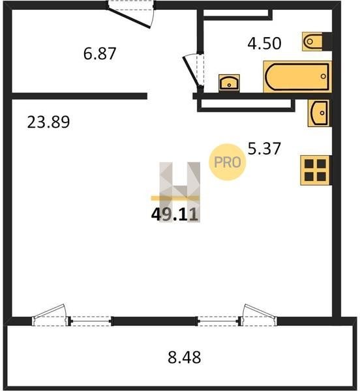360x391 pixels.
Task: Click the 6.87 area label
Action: click(x=100, y=53)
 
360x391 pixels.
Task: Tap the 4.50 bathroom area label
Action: click(x=264, y=43)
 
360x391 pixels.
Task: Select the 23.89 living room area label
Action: click(x=48, y=122)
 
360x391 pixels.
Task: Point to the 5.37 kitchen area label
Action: click(x=264, y=149)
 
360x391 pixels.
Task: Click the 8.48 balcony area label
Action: click(x=185, y=357)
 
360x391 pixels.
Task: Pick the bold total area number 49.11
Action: click(x=175, y=214)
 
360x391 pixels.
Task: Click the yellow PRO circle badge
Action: click(x=227, y=162)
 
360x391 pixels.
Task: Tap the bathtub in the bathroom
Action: click(x=297, y=76)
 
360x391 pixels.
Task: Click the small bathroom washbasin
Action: click(x=229, y=83)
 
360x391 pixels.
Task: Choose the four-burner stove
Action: click(x=315, y=170)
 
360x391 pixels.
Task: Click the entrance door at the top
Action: click(x=130, y=14)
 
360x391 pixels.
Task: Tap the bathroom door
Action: click(x=194, y=71)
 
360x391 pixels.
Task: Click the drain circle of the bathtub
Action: click(x=323, y=76)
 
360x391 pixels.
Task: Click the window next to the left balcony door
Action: click(x=91, y=321)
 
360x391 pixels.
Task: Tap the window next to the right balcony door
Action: click(x=218, y=321)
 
